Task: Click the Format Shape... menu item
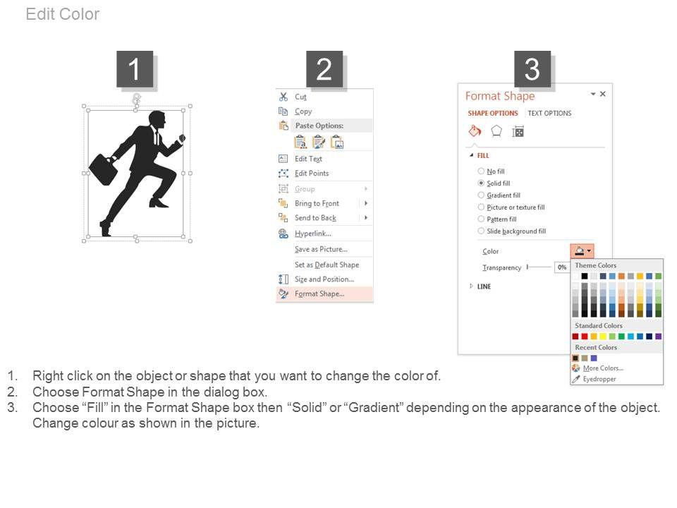[319, 294]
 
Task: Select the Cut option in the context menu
[300, 97]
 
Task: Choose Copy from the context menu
[303, 111]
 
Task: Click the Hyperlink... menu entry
[312, 234]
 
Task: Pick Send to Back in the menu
[315, 218]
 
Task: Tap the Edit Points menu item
[312, 174]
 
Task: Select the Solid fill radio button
[481, 183]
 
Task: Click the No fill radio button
[481, 171]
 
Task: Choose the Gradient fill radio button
[481, 195]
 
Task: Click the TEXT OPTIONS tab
[549, 113]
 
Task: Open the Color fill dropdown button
[582, 251]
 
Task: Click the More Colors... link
[603, 368]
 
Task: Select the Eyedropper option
[599, 379]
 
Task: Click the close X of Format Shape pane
[603, 94]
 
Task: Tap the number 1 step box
[135, 69]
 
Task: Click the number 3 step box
[532, 69]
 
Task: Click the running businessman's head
[157, 120]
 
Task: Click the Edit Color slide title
[63, 14]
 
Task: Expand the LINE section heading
[484, 286]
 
